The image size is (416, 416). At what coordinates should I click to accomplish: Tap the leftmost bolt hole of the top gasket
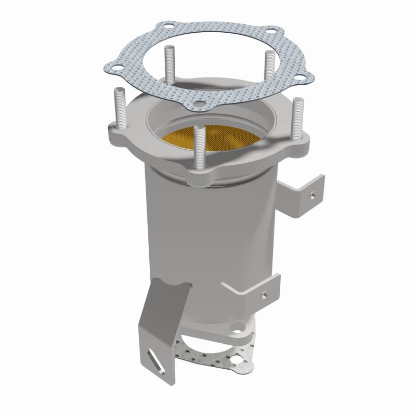[118, 67]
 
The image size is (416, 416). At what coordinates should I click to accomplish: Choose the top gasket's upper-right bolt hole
[271, 30]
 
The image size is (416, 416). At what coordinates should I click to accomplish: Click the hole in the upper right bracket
[312, 197]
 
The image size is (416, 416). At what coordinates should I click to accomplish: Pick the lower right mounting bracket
[255, 291]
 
